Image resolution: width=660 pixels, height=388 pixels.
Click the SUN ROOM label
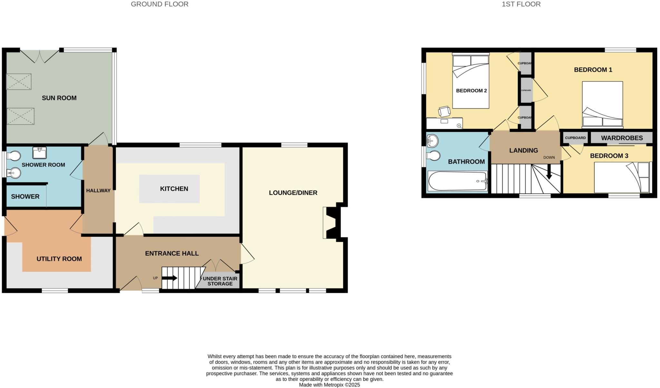pos(59,98)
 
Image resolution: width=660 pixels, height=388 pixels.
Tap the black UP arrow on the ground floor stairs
pos(170,278)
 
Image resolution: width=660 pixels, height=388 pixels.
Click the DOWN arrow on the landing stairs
pos(549,172)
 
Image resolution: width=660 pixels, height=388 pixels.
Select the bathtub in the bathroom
pos(457,181)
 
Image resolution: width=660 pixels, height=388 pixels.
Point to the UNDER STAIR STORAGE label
pos(220,281)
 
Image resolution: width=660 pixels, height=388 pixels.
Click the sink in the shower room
pos(39,153)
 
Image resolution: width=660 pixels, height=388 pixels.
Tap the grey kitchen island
pos(169,189)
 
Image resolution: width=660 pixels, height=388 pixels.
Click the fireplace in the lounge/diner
pos(332,223)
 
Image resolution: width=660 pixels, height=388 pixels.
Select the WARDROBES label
pos(622,138)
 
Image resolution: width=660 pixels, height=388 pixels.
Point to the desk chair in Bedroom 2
pos(444,111)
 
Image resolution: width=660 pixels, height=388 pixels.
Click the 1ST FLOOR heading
pos(521,4)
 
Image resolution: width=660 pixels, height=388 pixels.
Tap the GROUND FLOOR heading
pos(160,4)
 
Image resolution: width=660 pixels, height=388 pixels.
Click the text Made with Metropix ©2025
pos(329,385)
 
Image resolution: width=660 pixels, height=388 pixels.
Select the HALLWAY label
pos(98,190)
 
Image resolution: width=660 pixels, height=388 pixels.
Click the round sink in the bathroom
pos(432,141)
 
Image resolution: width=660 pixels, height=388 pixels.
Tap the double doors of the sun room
pos(40,57)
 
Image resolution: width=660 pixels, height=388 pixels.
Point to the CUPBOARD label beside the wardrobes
pos(575,138)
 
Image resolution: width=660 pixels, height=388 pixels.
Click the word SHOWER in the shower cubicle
pos(25,197)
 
